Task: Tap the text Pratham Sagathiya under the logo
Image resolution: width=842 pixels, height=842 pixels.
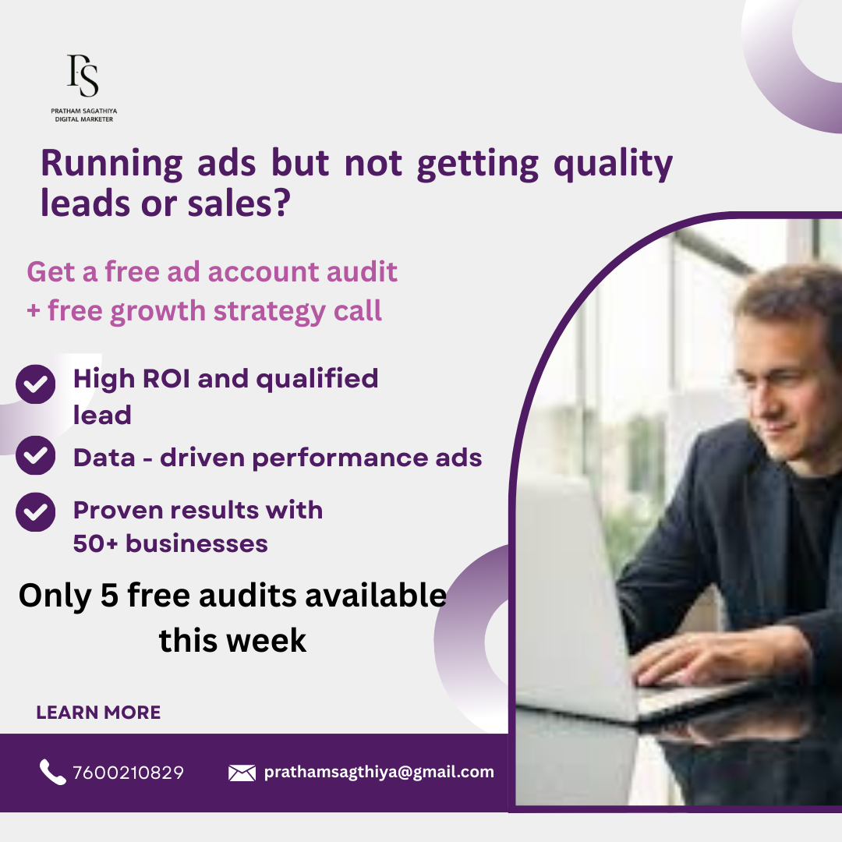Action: coord(83,111)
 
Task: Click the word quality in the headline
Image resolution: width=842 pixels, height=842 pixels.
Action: coord(613,164)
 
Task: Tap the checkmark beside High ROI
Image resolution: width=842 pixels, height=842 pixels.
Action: coord(35,384)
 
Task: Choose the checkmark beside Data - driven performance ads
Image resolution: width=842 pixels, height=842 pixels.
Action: coord(35,456)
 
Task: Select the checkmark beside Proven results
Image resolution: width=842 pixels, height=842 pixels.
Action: coord(35,511)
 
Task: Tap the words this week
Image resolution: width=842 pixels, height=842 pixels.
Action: coord(232,641)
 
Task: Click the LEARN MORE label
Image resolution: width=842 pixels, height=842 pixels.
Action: coord(98,713)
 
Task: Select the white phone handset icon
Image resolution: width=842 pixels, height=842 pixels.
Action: coord(52,772)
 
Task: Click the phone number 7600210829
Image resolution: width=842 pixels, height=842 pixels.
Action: coord(128,773)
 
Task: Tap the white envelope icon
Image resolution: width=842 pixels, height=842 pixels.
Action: coord(242,773)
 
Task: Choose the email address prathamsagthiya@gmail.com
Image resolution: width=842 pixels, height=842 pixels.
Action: coord(379,772)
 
